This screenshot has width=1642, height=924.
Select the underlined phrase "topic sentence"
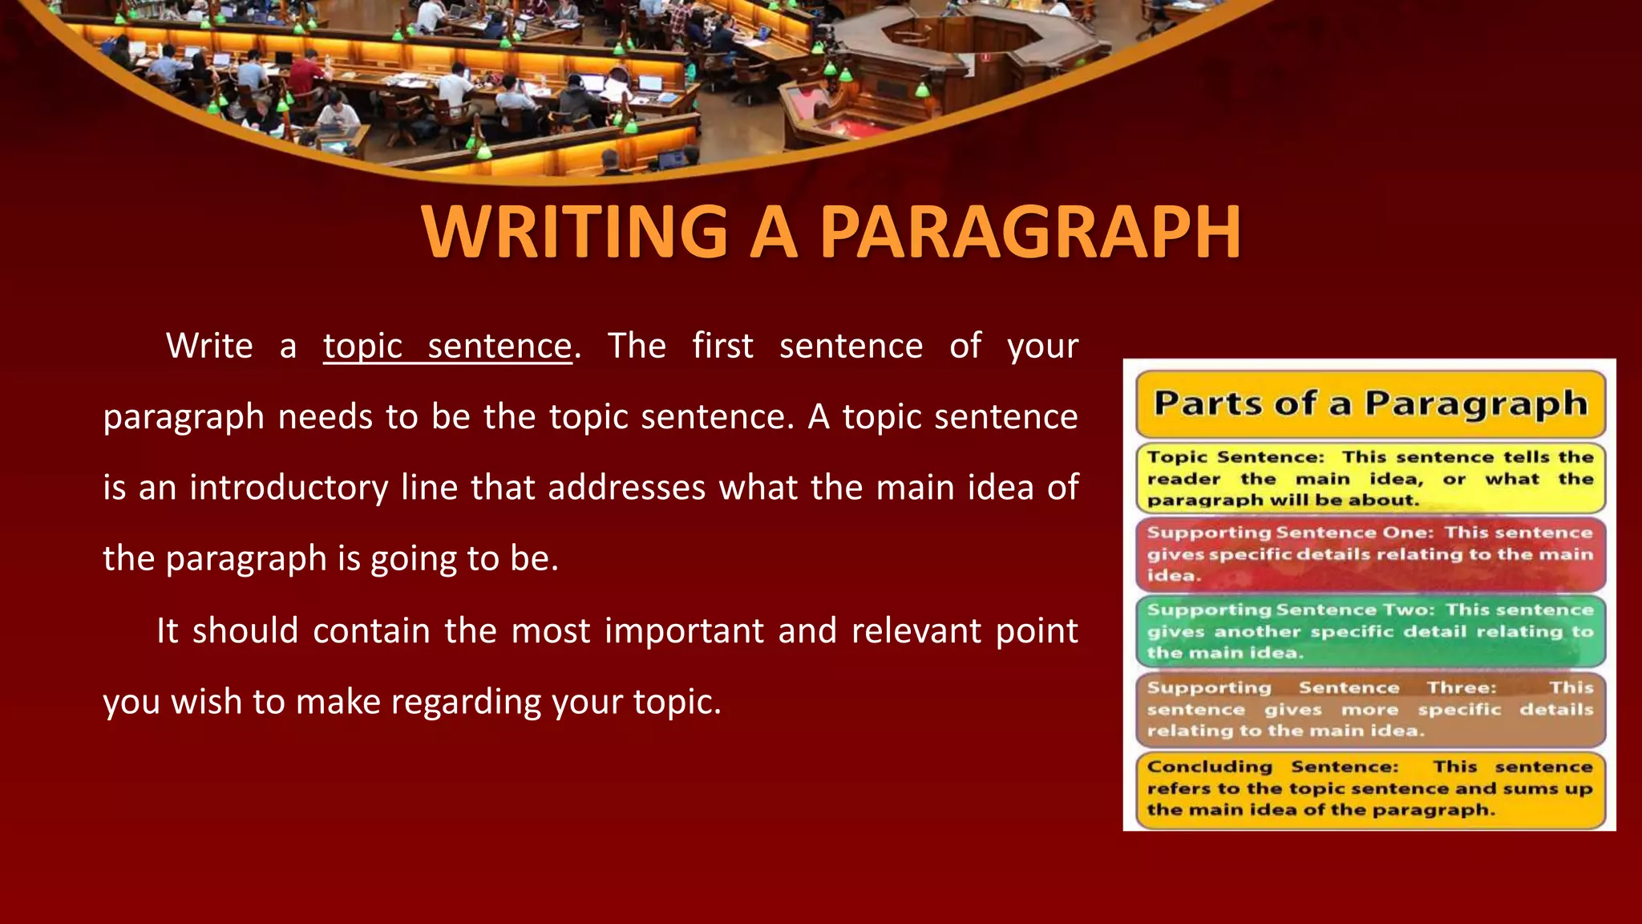pos(447,346)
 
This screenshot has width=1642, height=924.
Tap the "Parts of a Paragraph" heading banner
pos(1369,403)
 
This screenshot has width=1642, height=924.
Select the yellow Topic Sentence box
pos(1369,478)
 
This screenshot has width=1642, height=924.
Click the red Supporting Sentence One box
pos(1369,554)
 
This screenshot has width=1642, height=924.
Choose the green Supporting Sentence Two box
pos(1369,631)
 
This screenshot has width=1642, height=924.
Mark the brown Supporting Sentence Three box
pos(1369,709)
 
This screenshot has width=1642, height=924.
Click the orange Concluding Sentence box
pos(1369,788)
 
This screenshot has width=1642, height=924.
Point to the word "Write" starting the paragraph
pos(209,346)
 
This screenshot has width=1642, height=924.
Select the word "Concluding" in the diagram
pos(1209,767)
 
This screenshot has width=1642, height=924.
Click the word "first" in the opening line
pos(722,346)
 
